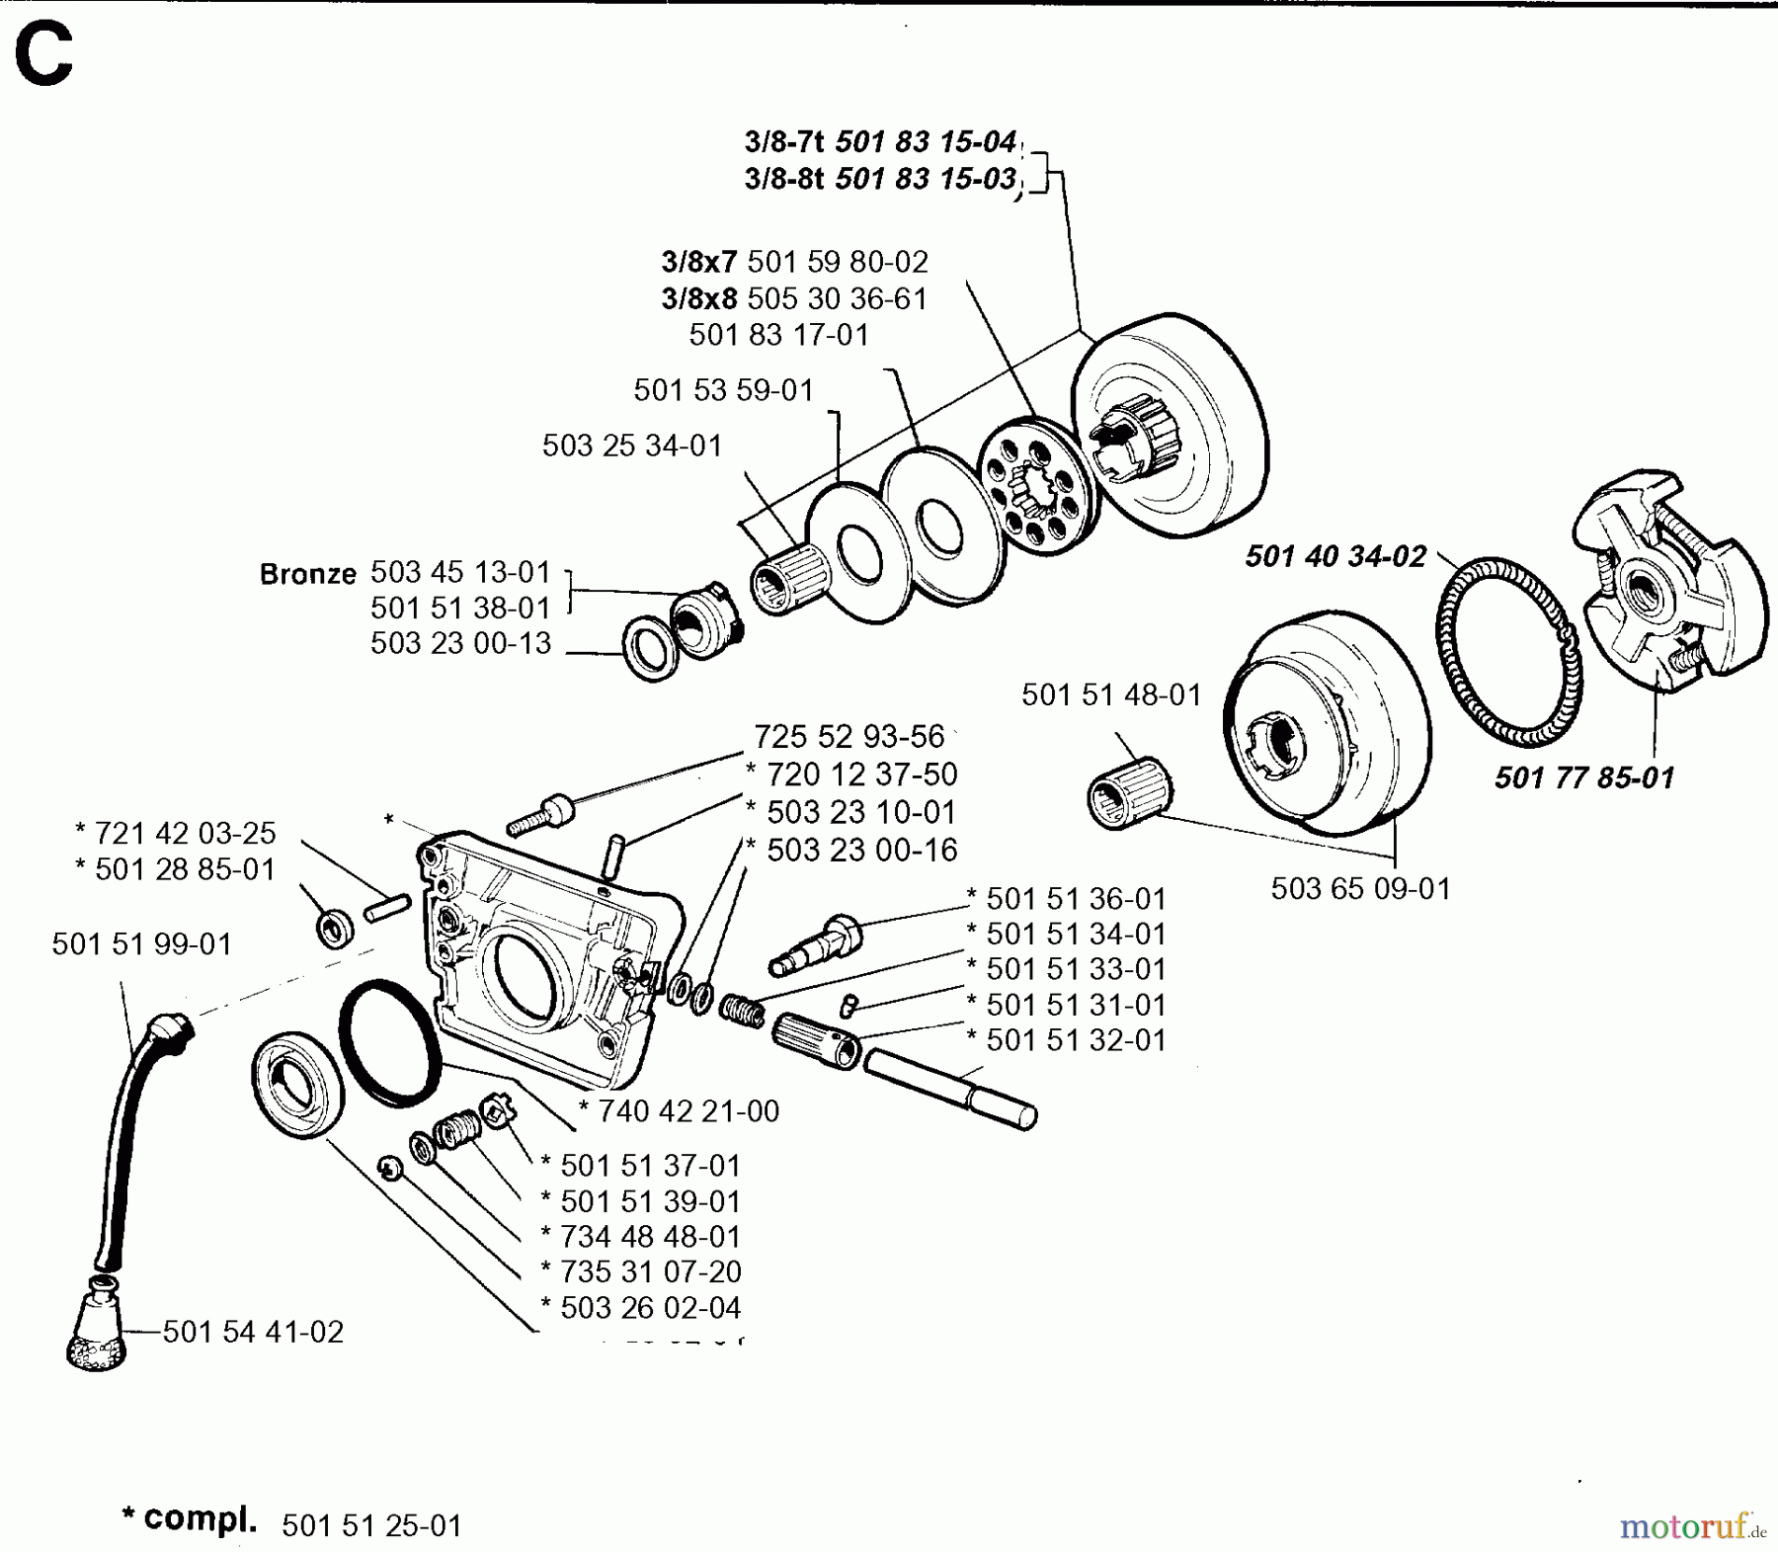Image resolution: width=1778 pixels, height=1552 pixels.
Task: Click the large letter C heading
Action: coord(43,56)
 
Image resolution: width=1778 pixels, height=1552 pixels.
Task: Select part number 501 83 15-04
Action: coord(926,142)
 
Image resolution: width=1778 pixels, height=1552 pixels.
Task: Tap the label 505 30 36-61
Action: coord(837,298)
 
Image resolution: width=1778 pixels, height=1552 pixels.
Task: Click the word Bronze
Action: coord(307,574)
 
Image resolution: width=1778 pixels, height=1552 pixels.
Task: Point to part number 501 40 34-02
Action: coord(1335,556)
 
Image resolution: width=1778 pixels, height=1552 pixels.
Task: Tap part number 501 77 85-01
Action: coord(1583,777)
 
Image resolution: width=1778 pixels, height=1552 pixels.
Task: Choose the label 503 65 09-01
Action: coord(1360,888)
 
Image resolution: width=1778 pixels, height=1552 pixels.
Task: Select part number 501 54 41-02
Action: coord(253,1332)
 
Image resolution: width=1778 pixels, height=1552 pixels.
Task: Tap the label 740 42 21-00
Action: coord(687,1110)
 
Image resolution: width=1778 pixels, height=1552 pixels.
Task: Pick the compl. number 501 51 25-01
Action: coord(371,1525)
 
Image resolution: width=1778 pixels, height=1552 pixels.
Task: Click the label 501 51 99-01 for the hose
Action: coord(141,944)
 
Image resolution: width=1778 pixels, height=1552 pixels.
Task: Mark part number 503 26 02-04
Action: coord(649,1307)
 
